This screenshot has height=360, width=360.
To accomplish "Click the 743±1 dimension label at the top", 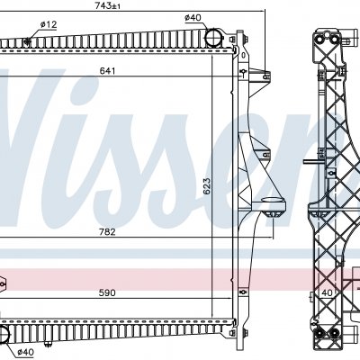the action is tap(107, 5).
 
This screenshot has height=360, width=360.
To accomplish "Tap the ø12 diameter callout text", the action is tap(49, 24).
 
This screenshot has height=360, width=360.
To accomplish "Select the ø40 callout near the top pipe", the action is tap(193, 18).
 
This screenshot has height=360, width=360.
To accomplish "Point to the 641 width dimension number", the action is tap(107, 71).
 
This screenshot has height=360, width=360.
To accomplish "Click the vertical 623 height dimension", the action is tap(207, 187).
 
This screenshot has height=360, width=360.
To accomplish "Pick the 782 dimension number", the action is tap(107, 232).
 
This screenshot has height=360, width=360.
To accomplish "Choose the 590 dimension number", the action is tap(107, 292).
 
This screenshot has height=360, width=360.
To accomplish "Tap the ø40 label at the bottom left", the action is tap(26, 352).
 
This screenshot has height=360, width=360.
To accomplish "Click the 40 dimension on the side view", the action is tap(327, 292).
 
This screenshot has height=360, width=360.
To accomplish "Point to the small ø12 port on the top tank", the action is tap(28, 41).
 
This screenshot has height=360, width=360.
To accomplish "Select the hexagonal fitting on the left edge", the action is tap(3, 283).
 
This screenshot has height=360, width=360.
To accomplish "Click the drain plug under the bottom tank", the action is tap(47, 345).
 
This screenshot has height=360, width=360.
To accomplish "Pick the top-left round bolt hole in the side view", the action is tap(319, 40).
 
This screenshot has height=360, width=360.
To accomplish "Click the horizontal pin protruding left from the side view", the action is tap(312, 161).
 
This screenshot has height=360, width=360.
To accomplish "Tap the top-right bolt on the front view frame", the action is tap(245, 39).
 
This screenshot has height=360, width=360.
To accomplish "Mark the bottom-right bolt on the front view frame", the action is tap(245, 333).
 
